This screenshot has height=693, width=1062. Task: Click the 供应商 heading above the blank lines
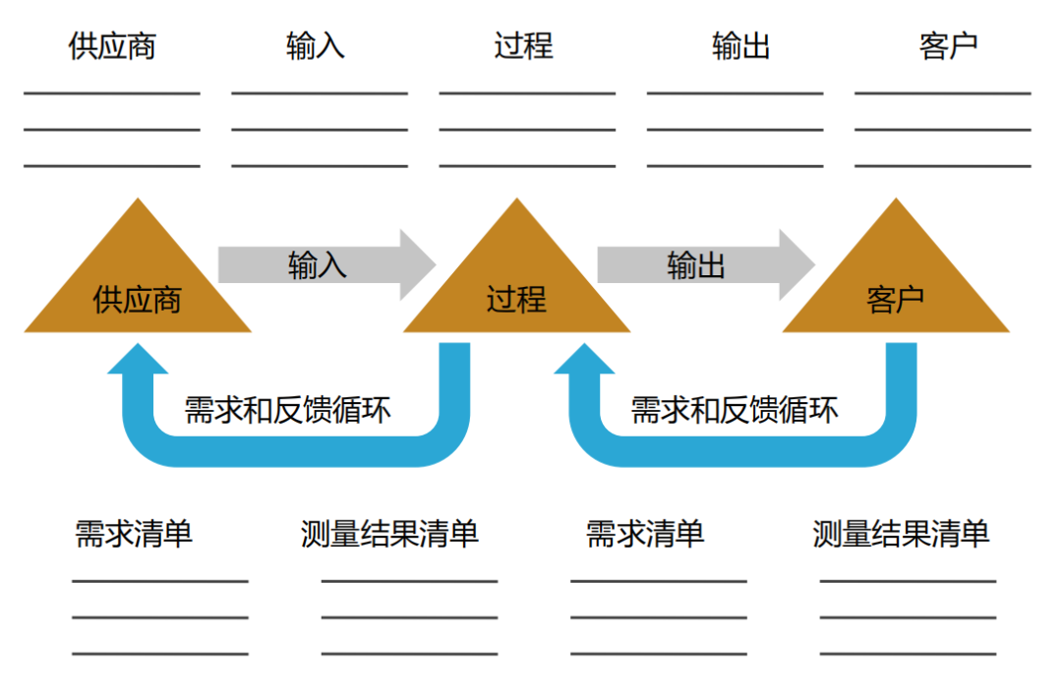point(112,46)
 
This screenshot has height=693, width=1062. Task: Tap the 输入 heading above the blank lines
point(316,46)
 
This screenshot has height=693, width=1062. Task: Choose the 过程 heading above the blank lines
point(523,46)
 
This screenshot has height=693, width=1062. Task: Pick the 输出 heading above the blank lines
point(740,46)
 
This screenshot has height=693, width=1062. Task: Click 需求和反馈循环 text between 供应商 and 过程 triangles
point(287,409)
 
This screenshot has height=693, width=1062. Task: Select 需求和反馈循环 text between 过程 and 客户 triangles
point(735,409)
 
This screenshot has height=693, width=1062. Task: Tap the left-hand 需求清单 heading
point(134,533)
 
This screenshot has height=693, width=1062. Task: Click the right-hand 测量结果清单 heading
point(901,533)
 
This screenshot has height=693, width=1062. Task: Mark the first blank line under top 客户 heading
point(943,94)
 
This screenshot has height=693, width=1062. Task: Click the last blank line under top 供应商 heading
point(112,166)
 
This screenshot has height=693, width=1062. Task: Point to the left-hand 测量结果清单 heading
point(389,533)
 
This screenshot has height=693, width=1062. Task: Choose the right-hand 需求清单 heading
point(645,533)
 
